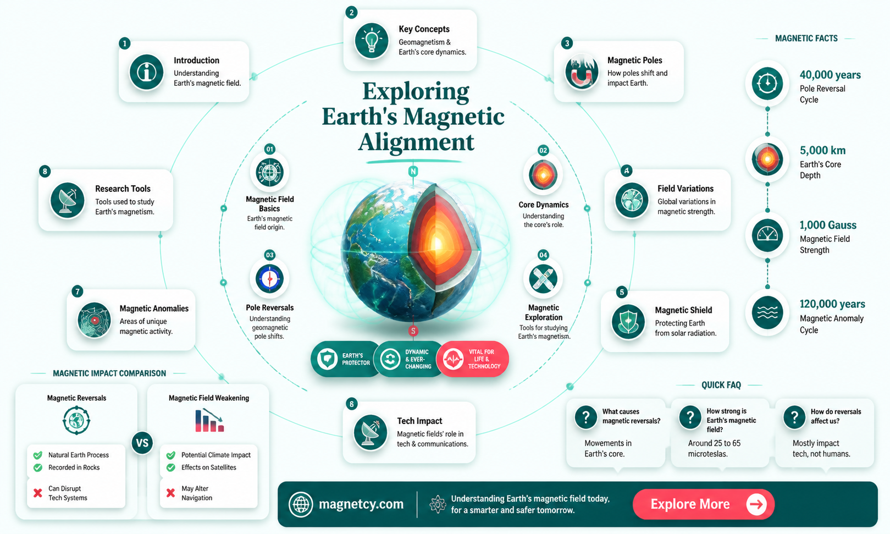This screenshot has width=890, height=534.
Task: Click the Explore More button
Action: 703,504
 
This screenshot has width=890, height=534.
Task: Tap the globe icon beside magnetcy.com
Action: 300,504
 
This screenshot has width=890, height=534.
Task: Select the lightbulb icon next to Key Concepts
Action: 371,41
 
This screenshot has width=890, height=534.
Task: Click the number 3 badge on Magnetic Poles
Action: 567,43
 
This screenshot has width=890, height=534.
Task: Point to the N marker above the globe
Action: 413,172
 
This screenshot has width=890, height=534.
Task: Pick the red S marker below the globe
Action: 413,331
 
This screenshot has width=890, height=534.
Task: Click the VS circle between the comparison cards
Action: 142,443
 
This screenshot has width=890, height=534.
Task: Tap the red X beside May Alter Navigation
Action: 170,493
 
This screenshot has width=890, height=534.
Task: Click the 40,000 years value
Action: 830,75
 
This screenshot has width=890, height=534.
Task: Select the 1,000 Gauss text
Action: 828,225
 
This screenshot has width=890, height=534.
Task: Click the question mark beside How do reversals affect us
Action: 794,417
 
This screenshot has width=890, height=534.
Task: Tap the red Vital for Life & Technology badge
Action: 472,359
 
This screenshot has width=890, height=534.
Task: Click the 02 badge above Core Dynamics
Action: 543,150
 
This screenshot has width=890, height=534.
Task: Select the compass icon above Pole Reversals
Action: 270,279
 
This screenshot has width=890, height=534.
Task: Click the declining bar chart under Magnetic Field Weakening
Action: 209,420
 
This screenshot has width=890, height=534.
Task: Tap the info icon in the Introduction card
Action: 146,72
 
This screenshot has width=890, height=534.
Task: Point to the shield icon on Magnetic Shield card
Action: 628,322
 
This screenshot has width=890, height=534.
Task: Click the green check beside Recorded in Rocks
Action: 38,467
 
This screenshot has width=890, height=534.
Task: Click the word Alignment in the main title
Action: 416,142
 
